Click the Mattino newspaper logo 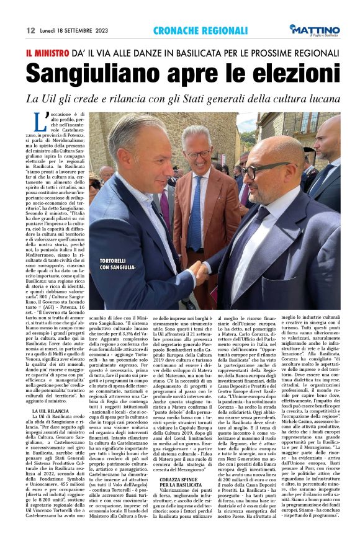pos(315,30)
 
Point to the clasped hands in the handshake pos(200,270)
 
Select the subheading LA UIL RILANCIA pos(50,411)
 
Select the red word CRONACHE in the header pos(174,30)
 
